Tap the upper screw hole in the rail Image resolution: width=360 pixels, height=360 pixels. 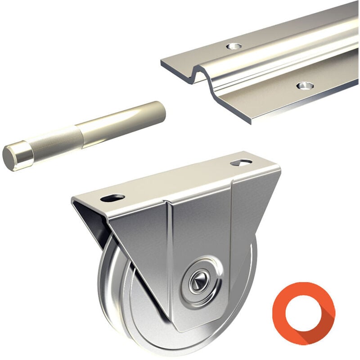point(233,46)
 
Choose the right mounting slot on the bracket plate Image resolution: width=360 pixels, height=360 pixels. point(242,162)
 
